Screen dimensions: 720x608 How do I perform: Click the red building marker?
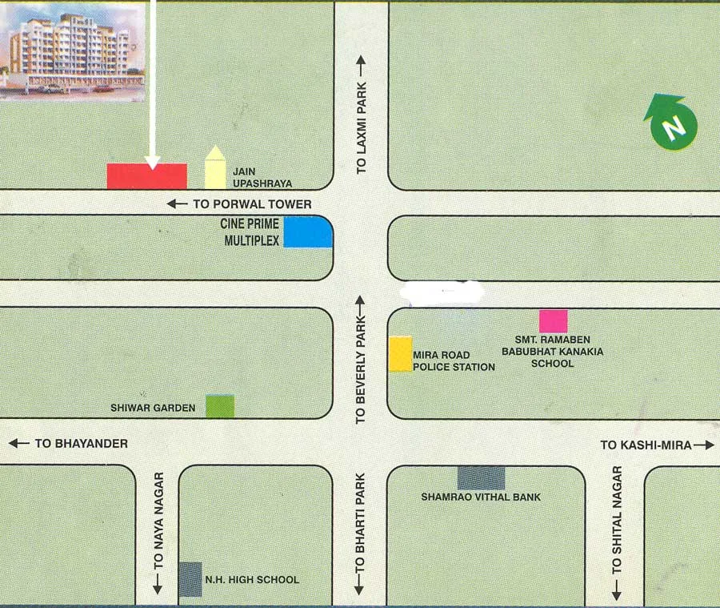[147, 176]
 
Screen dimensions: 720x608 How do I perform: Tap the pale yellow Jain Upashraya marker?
[214, 169]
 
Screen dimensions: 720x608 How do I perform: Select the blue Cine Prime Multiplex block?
[308, 232]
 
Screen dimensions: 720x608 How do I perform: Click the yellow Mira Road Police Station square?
[400, 354]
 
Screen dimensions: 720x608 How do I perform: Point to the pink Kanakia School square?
[553, 321]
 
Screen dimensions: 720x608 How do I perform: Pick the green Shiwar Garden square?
[220, 406]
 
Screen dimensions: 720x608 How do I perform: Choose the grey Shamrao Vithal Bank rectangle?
[481, 477]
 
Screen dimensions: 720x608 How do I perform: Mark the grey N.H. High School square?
[190, 579]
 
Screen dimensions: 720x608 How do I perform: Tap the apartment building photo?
[73, 50]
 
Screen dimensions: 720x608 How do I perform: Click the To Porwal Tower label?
[239, 204]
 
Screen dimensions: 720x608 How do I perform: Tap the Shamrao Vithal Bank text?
[481, 497]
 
